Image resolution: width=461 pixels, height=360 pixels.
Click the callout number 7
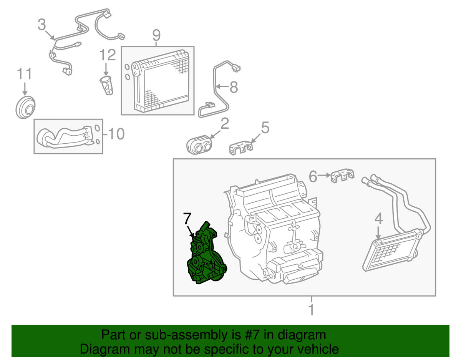[187, 219]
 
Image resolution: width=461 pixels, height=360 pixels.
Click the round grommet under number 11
[25, 108]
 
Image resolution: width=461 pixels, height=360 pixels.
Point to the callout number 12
[108, 55]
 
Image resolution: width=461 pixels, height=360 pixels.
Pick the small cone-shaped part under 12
[107, 85]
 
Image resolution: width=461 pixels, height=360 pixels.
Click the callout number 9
[156, 35]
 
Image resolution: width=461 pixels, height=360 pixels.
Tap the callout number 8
[234, 87]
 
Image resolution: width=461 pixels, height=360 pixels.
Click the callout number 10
[116, 134]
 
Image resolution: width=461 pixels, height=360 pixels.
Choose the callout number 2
[225, 124]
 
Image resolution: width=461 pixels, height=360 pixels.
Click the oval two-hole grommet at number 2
[199, 145]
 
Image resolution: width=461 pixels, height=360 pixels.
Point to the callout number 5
[265, 128]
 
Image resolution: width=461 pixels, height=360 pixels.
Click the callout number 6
[313, 176]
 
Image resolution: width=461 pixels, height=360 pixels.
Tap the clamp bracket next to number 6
[342, 176]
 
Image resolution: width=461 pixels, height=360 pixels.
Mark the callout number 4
[379, 219]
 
